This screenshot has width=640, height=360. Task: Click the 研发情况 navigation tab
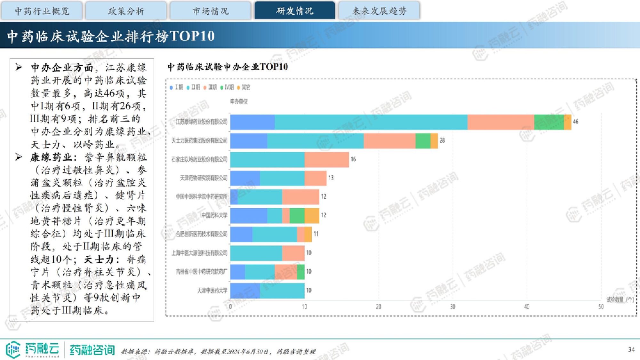coord(295,11)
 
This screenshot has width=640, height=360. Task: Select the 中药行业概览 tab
coord(42,11)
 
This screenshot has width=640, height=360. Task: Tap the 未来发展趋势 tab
coord(379,11)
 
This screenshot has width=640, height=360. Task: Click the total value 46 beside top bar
coord(575,122)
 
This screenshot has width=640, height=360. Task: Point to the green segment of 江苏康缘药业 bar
coord(549,122)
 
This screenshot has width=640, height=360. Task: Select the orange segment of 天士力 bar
coord(434,141)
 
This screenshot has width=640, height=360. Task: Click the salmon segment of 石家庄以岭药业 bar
coord(326,159)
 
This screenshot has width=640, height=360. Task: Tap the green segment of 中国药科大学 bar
coord(297,215)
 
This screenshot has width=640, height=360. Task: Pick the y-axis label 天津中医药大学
coord(212,290)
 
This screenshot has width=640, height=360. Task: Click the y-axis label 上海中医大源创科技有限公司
coord(199,253)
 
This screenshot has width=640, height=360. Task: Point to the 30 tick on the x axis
coord(452,307)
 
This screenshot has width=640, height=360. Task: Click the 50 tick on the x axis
coord(601,307)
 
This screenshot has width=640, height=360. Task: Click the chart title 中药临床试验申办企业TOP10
coord(228,67)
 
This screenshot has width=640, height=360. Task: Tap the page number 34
coord(631,349)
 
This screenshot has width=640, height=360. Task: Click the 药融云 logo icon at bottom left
coord(13,349)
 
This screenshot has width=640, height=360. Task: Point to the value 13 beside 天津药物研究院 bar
coord(331,178)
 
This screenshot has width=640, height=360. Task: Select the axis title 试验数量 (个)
coord(620,300)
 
